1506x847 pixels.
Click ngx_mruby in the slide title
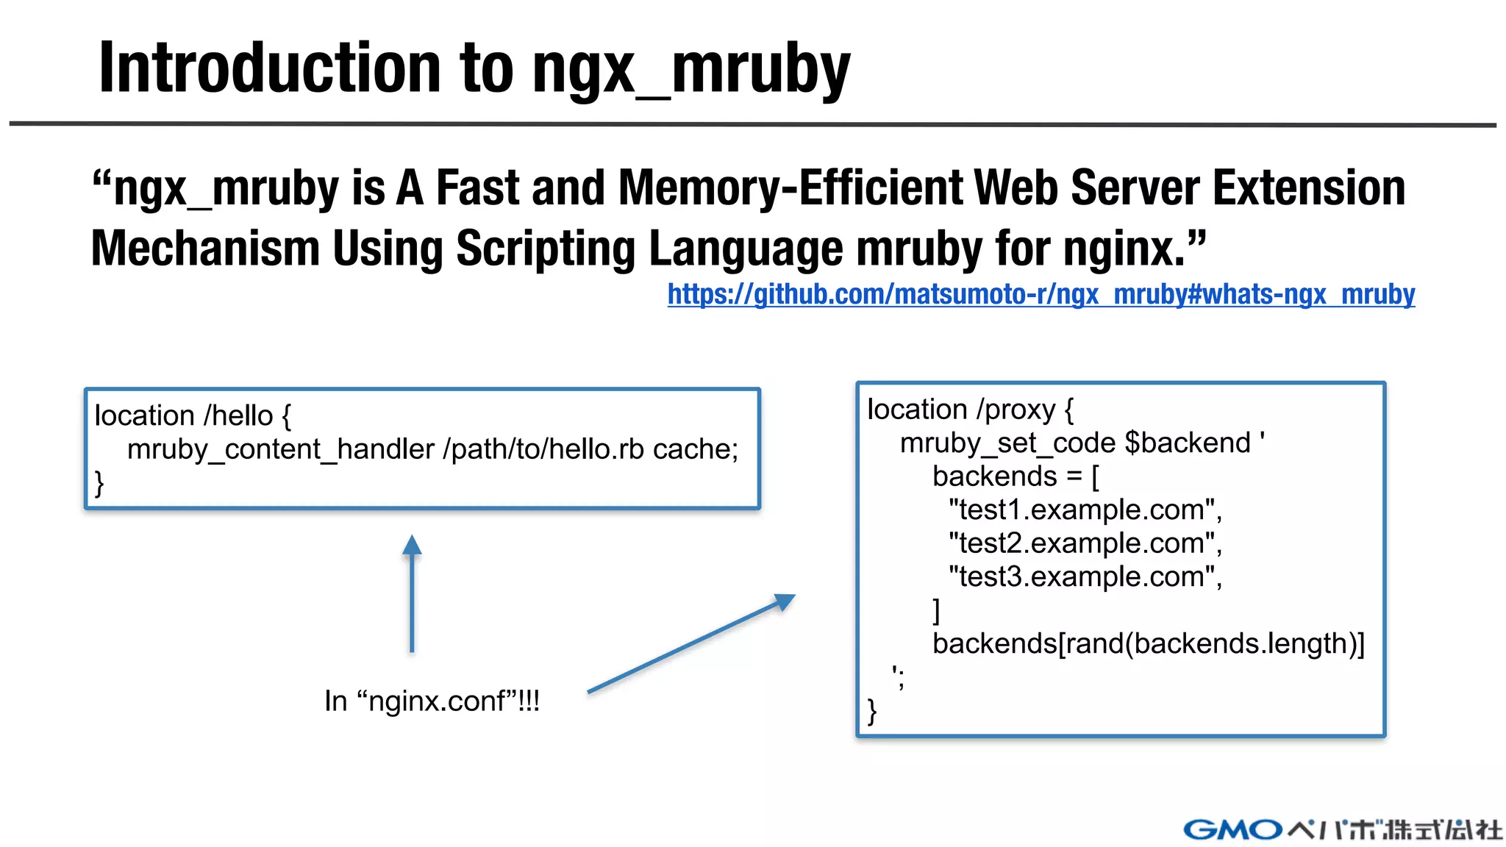click(690, 71)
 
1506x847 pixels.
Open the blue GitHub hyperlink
click(1041, 294)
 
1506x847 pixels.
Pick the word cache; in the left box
click(695, 449)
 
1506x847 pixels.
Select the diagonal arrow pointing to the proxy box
click(690, 644)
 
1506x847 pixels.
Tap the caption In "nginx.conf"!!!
click(432, 701)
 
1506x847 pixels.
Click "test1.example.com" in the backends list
click(1085, 510)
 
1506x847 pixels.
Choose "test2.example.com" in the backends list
click(1085, 543)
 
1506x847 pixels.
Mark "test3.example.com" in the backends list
click(1085, 576)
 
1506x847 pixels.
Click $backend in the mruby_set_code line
click(1187, 443)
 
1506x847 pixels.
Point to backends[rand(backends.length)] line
click(1148, 643)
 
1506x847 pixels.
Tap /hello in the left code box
click(238, 416)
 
